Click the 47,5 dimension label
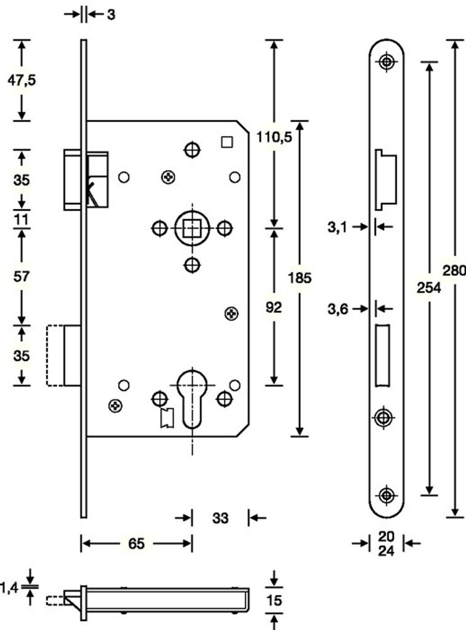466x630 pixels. coord(22,80)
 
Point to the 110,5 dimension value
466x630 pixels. coord(274,139)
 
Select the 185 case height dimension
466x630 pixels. coord(300,278)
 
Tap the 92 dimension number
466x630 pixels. coord(274,308)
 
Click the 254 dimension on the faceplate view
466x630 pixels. coord(428,286)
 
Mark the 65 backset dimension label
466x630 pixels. coord(136,544)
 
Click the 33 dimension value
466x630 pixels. coord(220,519)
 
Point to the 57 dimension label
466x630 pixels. coord(22,277)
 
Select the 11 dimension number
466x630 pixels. coord(22,219)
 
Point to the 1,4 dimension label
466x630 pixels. coord(9,589)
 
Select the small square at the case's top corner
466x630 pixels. coord(227,142)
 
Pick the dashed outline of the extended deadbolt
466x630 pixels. coord(55,356)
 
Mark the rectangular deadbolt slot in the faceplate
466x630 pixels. coord(382,355)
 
